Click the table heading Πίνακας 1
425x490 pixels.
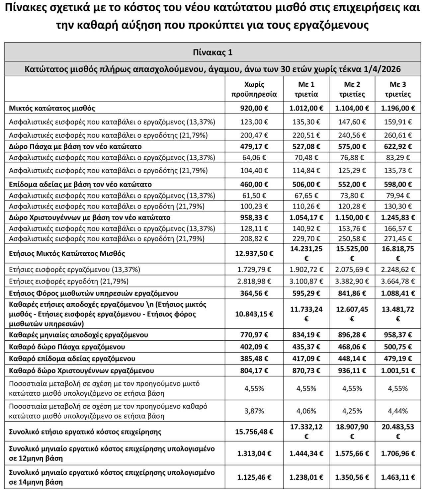coord(212,52)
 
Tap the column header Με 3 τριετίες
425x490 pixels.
coord(397,89)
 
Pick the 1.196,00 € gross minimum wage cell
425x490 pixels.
coord(397,108)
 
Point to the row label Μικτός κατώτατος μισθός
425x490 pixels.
coord(52,108)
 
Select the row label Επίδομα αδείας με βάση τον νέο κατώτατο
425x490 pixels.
coord(80,184)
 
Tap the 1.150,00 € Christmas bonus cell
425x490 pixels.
coord(352,217)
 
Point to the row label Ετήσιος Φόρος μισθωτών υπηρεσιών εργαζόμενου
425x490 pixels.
coord(93,293)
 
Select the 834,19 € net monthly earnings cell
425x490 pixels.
coord(306,335)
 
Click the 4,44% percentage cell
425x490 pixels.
coord(397,411)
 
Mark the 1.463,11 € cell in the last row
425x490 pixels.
coord(397,477)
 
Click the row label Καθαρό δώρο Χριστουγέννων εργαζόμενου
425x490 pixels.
coord(81,370)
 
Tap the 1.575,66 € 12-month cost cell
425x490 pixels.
coord(352,453)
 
